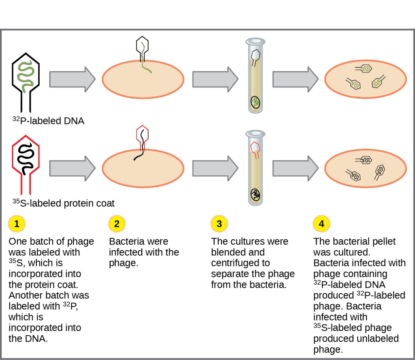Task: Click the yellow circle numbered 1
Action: [x=16, y=224]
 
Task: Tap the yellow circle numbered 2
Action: [x=117, y=224]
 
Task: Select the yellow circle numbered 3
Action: [x=219, y=224]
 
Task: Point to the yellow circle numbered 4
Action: [x=321, y=224]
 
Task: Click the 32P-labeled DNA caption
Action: [x=48, y=120]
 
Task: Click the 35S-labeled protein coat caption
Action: [x=64, y=203]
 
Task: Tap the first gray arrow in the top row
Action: [x=72, y=78]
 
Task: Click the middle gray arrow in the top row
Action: [x=215, y=78]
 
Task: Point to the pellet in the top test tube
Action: [x=255, y=102]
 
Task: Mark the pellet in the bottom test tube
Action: [x=255, y=194]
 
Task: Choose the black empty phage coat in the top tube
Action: [x=255, y=57]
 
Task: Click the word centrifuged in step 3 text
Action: [x=233, y=263]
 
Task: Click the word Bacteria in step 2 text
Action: [x=126, y=241]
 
